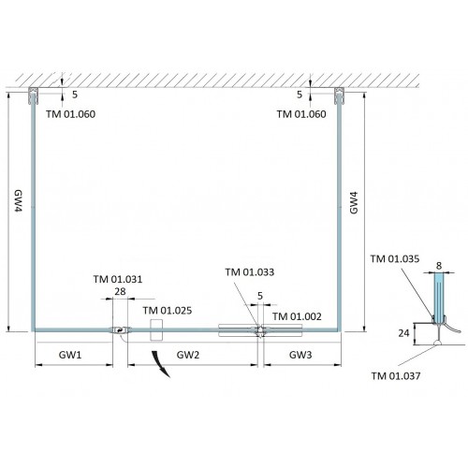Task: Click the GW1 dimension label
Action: [x=70, y=355]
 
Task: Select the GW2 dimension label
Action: [x=188, y=355]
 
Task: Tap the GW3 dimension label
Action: [x=300, y=355]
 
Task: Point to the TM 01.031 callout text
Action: [x=118, y=279]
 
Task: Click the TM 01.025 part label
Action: [x=168, y=311]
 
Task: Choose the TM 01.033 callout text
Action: [x=250, y=272]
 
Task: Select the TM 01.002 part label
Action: [x=297, y=316]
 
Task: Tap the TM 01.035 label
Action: [x=395, y=258]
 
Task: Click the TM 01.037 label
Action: [x=396, y=375]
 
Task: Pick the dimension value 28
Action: [x=120, y=291]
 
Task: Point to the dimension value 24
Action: [x=403, y=333]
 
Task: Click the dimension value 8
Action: [x=439, y=266]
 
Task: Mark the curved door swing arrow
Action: [x=160, y=364]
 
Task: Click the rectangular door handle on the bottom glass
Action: [x=156, y=329]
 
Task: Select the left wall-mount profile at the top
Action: [x=33, y=95]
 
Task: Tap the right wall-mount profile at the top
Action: [x=339, y=95]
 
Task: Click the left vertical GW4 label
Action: [x=19, y=201]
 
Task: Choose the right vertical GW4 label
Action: [x=354, y=203]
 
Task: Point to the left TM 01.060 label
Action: [x=70, y=114]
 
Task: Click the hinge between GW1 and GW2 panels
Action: [x=120, y=330]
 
